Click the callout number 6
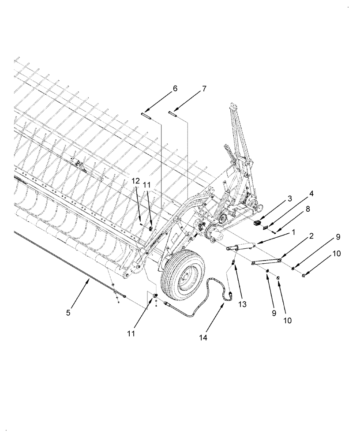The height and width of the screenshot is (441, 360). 175,89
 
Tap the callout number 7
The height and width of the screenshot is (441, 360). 204,89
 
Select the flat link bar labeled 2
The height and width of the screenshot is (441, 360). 266,262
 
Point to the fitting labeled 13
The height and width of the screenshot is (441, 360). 233,264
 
